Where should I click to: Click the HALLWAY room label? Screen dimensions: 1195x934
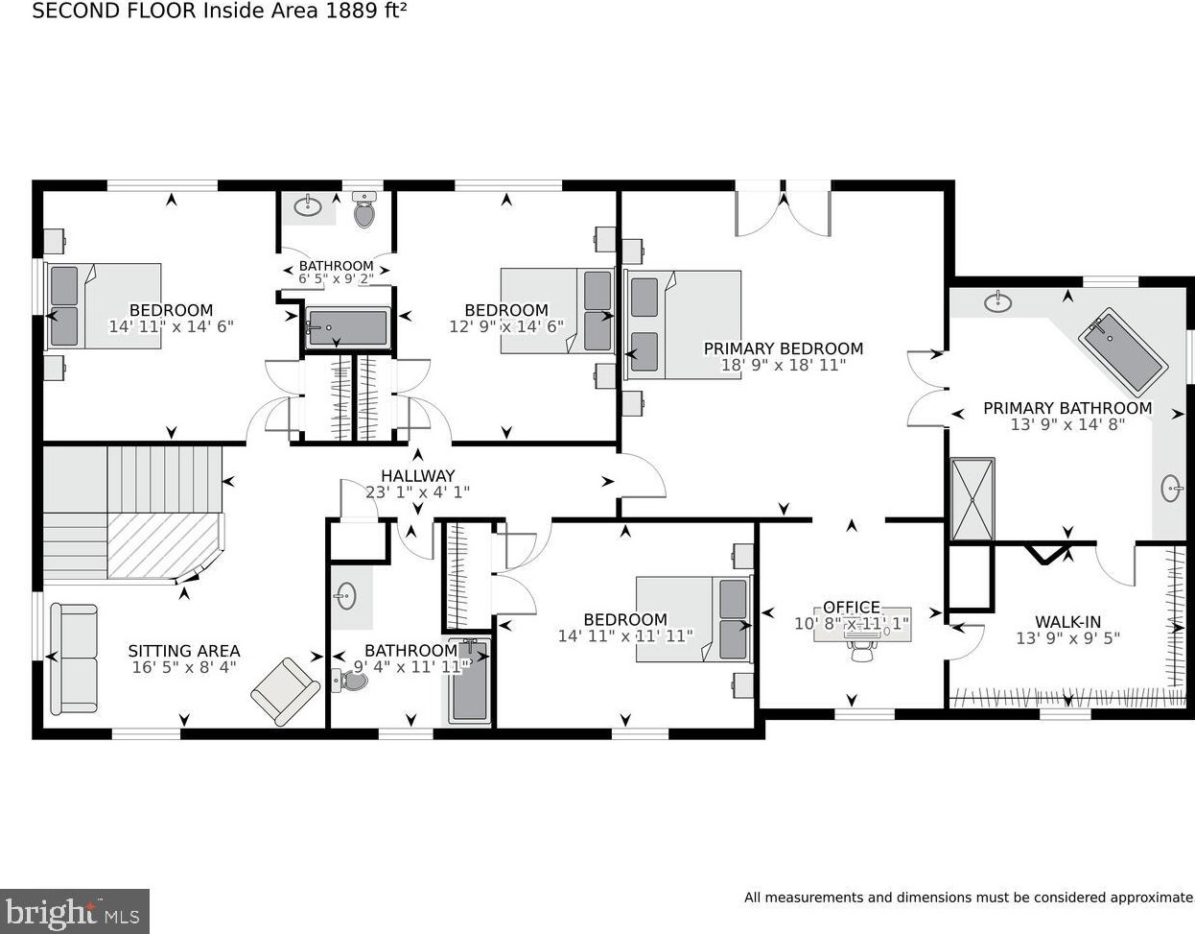(418, 475)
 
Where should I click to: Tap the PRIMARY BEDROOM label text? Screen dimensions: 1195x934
(784, 348)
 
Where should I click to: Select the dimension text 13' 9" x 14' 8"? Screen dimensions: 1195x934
(1067, 424)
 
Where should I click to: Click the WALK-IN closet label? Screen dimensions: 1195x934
(1068, 622)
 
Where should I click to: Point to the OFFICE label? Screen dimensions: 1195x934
(852, 607)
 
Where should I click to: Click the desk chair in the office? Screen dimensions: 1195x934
(862, 651)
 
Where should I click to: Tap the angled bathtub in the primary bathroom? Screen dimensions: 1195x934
(1122, 352)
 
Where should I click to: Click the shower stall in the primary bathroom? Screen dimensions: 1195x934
(972, 498)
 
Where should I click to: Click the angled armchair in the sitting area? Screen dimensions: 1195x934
(286, 691)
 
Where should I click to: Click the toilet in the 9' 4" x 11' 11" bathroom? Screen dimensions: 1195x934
(350, 682)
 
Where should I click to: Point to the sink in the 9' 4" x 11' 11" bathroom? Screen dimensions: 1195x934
(346, 595)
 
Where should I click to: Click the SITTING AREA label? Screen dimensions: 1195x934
(184, 651)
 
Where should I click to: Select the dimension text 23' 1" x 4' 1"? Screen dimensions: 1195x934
(418, 491)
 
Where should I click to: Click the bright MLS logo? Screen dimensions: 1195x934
(74, 911)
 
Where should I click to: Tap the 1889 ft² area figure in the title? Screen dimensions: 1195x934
(366, 11)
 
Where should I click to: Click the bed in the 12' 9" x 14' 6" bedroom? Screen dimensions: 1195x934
(557, 310)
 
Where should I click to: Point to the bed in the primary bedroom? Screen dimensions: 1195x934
(682, 324)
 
